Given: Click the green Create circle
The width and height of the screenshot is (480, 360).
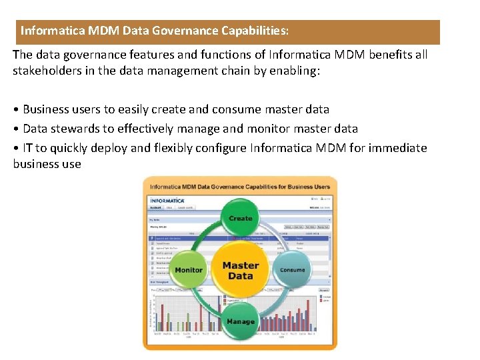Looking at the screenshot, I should coord(240,219).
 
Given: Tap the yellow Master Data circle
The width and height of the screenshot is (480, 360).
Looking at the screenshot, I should coord(240,270).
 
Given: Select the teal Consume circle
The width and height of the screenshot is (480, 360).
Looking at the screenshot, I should coord(292,270).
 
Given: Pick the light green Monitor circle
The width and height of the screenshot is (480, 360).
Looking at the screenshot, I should coord(189,270).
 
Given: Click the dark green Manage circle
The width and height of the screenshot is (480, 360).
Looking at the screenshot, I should coord(240,321).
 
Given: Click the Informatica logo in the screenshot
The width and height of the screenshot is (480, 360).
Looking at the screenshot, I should coord(167,201).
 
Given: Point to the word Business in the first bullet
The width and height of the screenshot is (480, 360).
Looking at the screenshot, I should coord(45,109).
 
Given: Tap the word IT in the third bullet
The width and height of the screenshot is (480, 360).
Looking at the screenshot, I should coord(27,148).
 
